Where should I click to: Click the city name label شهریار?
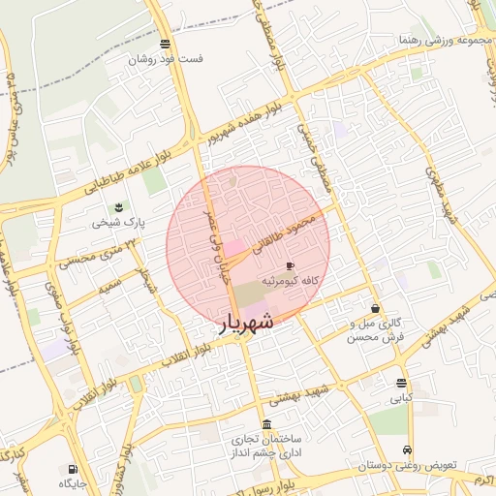tap(236, 323)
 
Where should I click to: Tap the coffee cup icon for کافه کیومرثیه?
tap(290, 265)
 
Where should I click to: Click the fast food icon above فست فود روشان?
tap(166, 44)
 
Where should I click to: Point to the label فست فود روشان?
tap(167, 59)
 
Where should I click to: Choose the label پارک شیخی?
tap(118, 223)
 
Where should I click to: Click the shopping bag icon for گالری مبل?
tap(375, 308)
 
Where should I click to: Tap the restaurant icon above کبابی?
tap(401, 383)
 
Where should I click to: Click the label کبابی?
tap(401, 398)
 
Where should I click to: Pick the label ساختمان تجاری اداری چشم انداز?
tap(267, 445)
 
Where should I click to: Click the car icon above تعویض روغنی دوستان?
tap(408, 450)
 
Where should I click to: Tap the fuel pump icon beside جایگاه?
tap(74, 469)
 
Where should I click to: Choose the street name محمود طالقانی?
tap(286, 234)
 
